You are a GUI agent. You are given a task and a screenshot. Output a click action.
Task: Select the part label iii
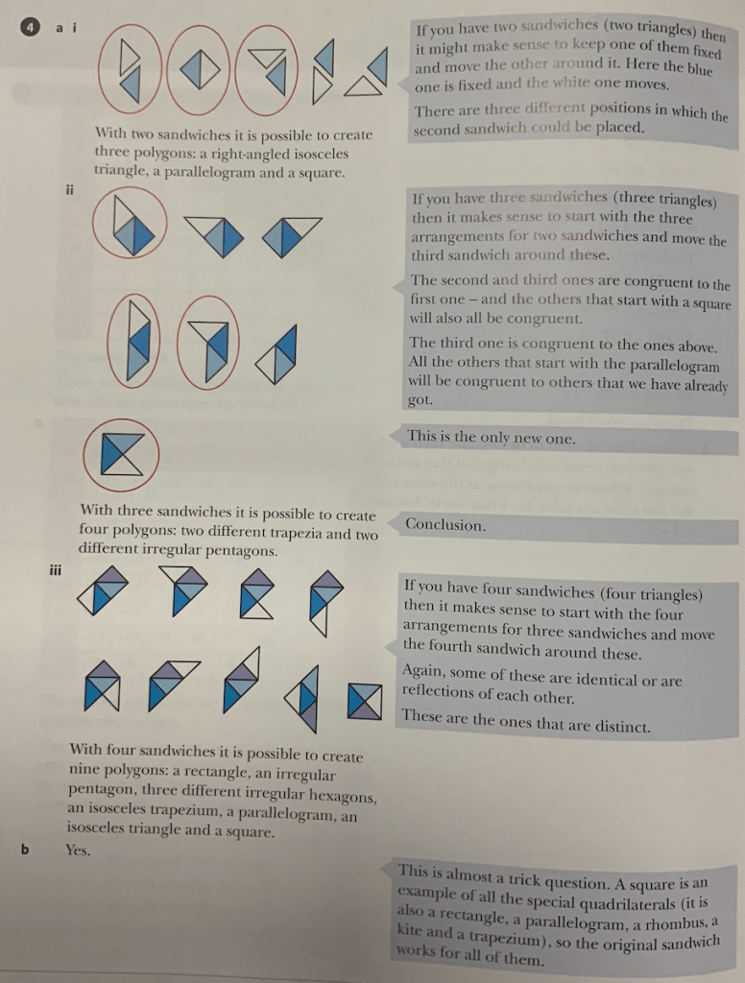[57, 570]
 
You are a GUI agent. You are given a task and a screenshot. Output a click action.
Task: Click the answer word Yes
[77, 850]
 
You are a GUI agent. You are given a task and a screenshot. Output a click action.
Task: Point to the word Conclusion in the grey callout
[445, 525]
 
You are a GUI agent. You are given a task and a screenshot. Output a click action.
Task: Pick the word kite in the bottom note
[414, 931]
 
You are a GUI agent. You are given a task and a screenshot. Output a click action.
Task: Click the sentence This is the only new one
[491, 438]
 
